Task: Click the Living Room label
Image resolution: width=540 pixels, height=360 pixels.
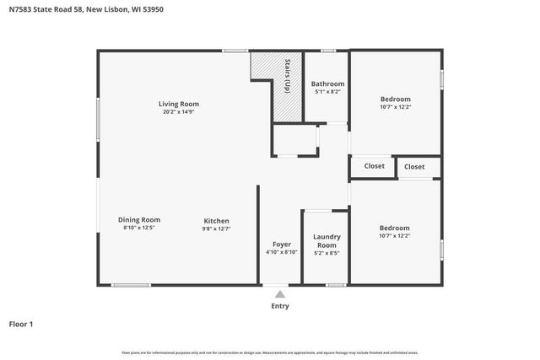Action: tap(179, 105)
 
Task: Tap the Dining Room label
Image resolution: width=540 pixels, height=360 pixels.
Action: tap(139, 220)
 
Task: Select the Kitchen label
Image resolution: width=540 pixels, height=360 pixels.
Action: tap(216, 221)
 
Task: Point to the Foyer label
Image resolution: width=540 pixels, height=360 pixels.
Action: tap(281, 244)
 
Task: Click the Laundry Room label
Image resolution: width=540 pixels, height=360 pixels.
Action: tap(326, 240)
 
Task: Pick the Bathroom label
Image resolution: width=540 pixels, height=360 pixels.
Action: tap(327, 83)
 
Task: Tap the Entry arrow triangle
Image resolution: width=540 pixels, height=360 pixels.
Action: tap(279, 294)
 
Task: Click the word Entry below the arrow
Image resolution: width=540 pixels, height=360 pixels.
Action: tap(279, 306)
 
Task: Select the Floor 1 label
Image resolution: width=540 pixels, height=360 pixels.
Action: tap(21, 324)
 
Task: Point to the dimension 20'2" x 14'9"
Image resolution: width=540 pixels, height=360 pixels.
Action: tap(179, 113)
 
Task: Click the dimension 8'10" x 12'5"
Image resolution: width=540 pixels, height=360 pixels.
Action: tap(139, 228)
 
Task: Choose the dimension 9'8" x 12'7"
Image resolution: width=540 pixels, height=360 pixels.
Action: tap(216, 228)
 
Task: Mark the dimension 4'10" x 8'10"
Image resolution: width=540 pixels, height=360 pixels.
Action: tap(281, 252)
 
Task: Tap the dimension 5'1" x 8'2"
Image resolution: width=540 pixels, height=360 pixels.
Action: tap(327, 92)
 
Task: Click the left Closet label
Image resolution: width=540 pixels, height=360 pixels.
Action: tap(374, 166)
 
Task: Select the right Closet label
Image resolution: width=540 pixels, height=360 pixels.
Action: tap(414, 167)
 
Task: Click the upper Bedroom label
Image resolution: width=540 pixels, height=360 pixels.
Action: tap(395, 99)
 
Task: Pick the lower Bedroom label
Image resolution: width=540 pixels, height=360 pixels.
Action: tap(394, 228)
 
